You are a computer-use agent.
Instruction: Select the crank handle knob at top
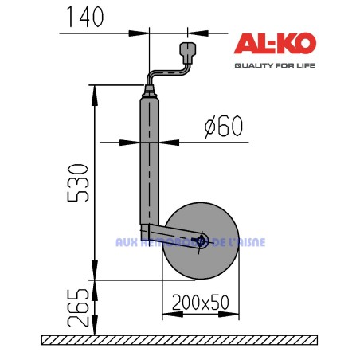point(189,53)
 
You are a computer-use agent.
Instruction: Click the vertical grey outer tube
point(150,159)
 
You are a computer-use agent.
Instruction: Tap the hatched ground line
point(179,340)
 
